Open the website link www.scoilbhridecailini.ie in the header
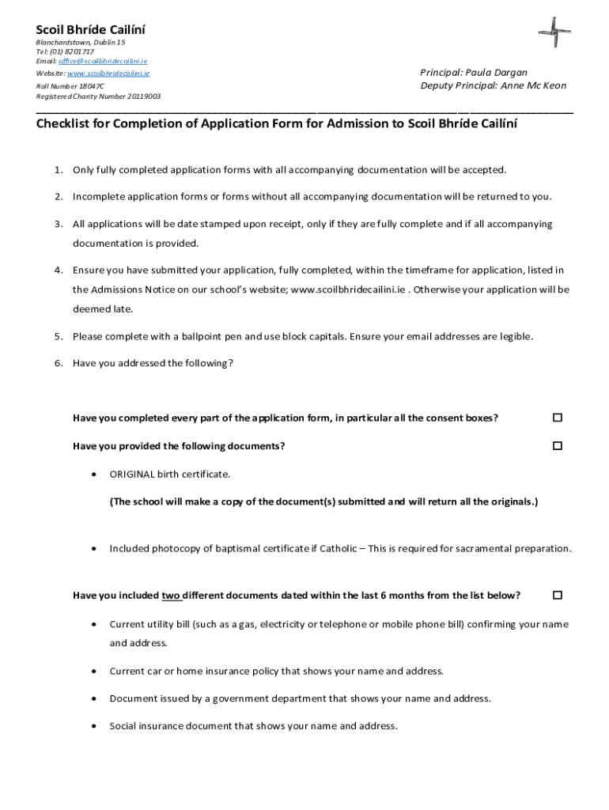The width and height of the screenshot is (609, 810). point(108,73)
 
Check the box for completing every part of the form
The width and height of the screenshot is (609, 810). point(558,418)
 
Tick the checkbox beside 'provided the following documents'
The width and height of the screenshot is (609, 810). point(558,446)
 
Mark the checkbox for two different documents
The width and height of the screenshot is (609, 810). point(558,595)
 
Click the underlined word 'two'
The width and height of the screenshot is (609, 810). point(172,596)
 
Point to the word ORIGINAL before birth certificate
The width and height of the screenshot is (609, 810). point(132,475)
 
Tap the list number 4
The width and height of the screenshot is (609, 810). point(59,271)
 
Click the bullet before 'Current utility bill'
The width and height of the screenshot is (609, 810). point(95,624)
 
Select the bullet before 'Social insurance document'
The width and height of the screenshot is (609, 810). point(95,725)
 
